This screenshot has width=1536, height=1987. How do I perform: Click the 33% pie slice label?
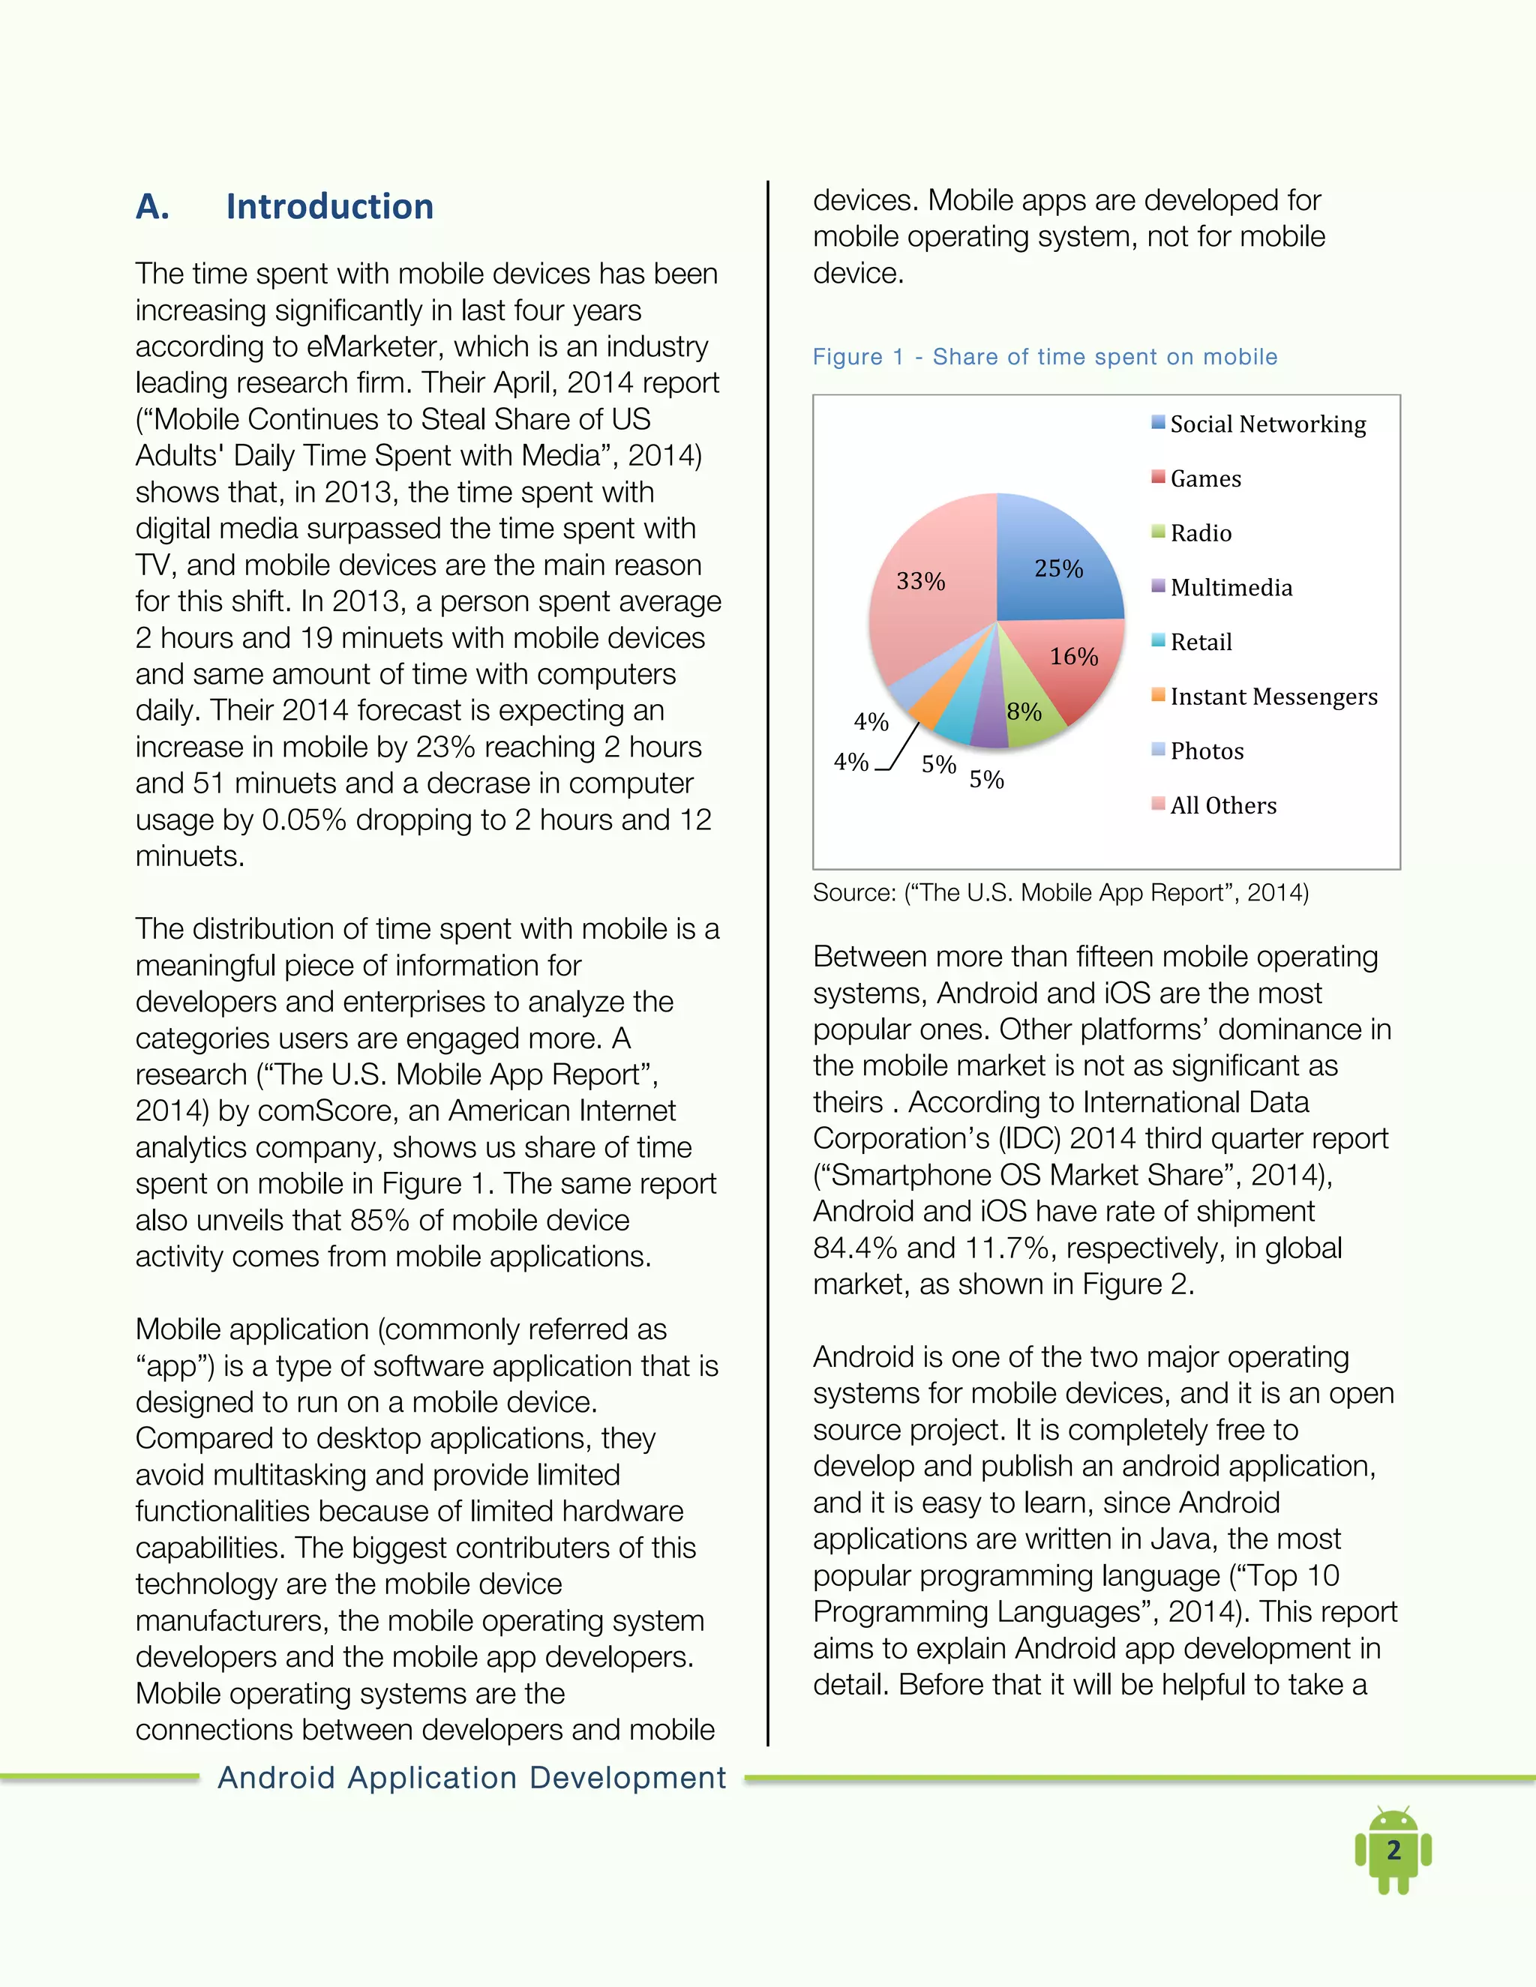click(x=920, y=581)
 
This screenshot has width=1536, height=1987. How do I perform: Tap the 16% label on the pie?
click(x=1074, y=657)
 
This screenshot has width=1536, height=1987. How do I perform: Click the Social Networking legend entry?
click(x=1267, y=424)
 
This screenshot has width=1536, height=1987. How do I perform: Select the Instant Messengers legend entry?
click(x=1273, y=697)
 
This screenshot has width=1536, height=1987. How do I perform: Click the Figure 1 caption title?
click(x=1045, y=357)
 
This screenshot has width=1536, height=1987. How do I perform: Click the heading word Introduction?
click(x=329, y=206)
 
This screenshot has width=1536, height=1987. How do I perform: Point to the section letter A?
click(x=152, y=206)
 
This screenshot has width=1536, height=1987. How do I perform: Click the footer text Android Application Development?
click(x=471, y=1777)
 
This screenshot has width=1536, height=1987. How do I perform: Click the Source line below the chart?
click(x=1060, y=892)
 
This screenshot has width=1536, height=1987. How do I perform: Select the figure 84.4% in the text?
click(x=853, y=1248)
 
